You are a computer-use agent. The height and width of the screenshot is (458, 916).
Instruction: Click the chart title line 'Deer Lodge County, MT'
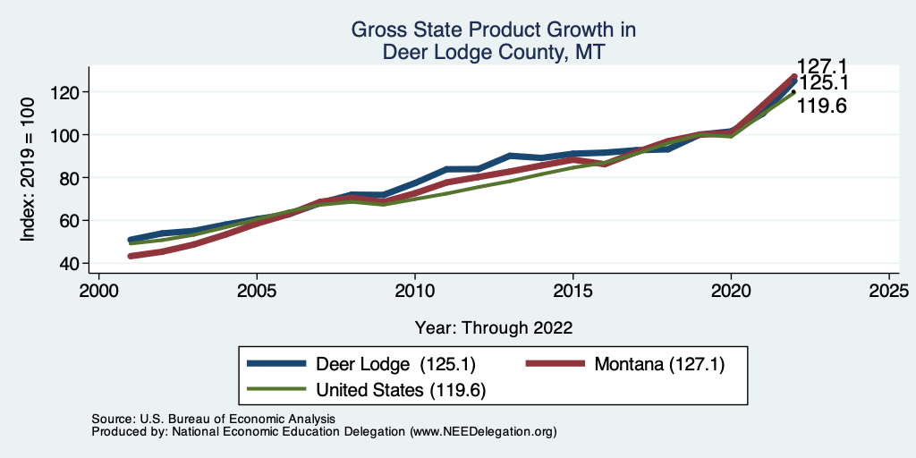click(494, 53)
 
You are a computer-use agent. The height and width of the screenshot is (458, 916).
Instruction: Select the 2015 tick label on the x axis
click(572, 292)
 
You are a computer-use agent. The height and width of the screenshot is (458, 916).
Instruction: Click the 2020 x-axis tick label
click(731, 292)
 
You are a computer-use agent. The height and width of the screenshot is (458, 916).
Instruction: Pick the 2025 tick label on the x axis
click(888, 292)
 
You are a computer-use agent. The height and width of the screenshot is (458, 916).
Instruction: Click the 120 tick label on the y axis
click(69, 92)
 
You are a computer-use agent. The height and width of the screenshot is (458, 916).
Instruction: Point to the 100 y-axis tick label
click(69, 135)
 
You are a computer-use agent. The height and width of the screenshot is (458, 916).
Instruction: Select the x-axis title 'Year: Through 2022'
click(494, 327)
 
